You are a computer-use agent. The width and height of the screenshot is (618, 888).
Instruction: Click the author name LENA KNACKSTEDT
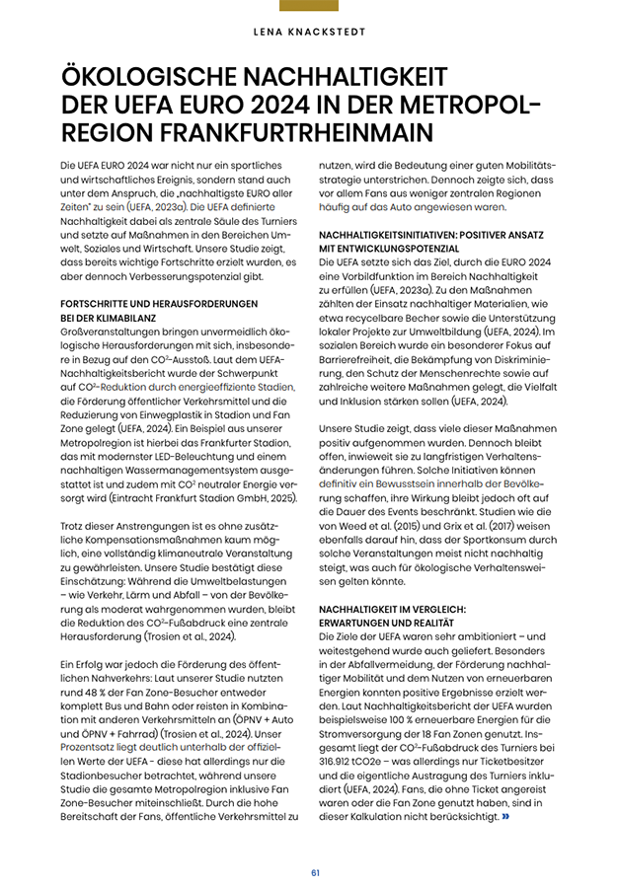pos(309,30)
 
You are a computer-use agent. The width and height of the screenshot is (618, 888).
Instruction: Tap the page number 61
pos(315,872)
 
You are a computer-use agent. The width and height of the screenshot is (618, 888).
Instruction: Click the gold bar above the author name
pos(309,5)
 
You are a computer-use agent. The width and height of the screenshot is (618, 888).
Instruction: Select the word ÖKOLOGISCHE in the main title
pos(158,77)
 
